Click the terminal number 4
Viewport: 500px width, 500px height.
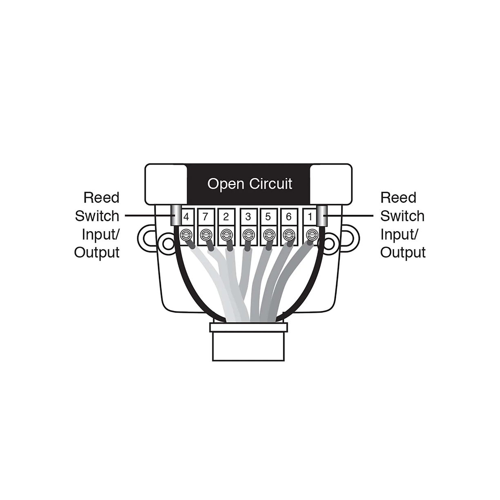[186, 217]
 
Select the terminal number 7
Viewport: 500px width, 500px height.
[205, 217]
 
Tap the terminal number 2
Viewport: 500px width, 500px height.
[226, 217]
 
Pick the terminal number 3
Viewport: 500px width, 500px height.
[248, 217]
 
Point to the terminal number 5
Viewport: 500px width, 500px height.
[268, 217]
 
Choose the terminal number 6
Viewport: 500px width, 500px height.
[288, 217]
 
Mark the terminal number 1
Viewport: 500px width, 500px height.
[310, 217]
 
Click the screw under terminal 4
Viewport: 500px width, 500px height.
[186, 235]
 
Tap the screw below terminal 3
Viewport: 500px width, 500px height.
[248, 235]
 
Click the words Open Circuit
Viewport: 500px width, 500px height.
[250, 184]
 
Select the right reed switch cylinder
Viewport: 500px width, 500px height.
[322, 215]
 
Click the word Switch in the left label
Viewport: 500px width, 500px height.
[97, 216]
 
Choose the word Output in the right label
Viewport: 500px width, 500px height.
[403, 252]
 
